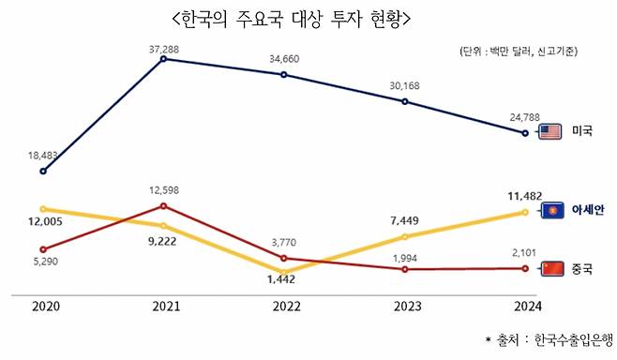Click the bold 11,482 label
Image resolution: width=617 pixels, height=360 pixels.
tap(523, 197)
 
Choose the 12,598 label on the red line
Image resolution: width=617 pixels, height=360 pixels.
tap(164, 191)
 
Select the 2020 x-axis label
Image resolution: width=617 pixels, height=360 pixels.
tap(44, 306)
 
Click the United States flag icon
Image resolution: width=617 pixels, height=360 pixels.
tap(551, 132)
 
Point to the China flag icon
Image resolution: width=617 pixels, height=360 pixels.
tap(551, 268)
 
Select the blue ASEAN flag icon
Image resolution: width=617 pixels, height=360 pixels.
tap(551, 209)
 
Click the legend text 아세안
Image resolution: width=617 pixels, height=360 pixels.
tap(587, 209)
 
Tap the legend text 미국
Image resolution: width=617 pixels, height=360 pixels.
tap(581, 132)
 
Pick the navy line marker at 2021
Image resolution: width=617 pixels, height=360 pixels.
tap(164, 59)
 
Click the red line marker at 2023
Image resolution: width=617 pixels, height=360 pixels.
tap(404, 269)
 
